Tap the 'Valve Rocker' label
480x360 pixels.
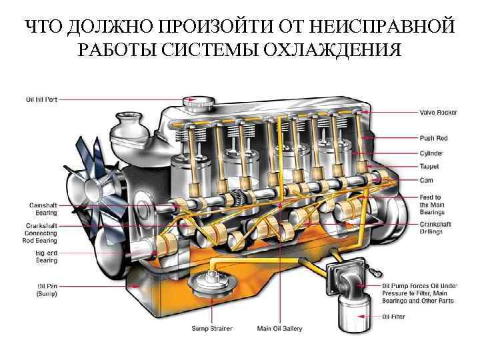[x=438, y=112]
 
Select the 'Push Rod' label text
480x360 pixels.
[x=434, y=138]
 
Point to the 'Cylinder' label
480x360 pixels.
[x=431, y=153]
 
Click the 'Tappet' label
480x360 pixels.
[x=429, y=166]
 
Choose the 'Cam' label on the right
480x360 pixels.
[x=427, y=179]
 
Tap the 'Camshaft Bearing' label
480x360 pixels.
[x=43, y=209]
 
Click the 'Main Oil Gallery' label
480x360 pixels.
[x=280, y=329]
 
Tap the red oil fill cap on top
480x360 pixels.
[x=198, y=102]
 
